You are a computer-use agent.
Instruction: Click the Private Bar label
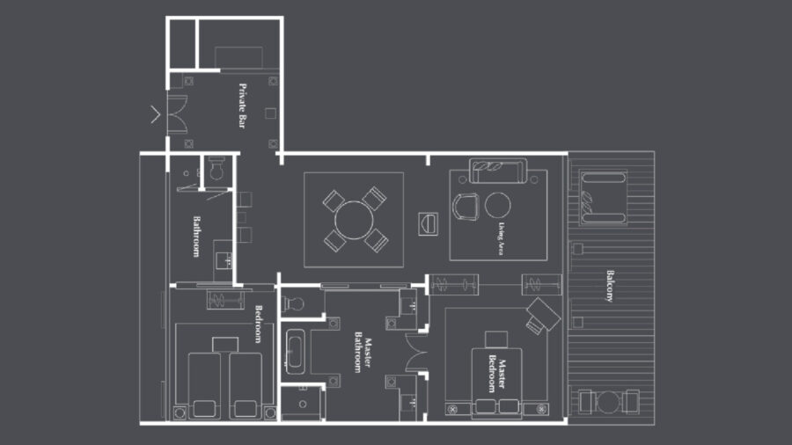[x=243, y=106]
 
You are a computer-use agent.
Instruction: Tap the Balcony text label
[x=610, y=286]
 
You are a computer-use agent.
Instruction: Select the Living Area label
[x=501, y=238]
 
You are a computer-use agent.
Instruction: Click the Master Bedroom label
[x=496, y=374]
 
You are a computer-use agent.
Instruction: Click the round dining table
[x=354, y=220]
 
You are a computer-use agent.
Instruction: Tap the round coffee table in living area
[x=497, y=205]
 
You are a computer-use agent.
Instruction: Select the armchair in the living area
[x=466, y=207]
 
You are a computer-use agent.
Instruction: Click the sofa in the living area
[x=498, y=171]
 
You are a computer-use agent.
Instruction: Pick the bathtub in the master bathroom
[x=295, y=351]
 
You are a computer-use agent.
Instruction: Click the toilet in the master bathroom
[x=293, y=303]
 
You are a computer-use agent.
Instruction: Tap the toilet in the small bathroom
[x=216, y=168]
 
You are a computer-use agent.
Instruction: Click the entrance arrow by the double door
[x=155, y=114]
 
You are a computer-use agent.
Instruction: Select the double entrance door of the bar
[x=177, y=114]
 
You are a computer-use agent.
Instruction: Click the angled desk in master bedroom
[x=542, y=316]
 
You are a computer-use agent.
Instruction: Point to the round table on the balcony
[x=608, y=403]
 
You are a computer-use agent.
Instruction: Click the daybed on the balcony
[x=603, y=197]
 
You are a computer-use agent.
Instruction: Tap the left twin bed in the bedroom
[x=204, y=385]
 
